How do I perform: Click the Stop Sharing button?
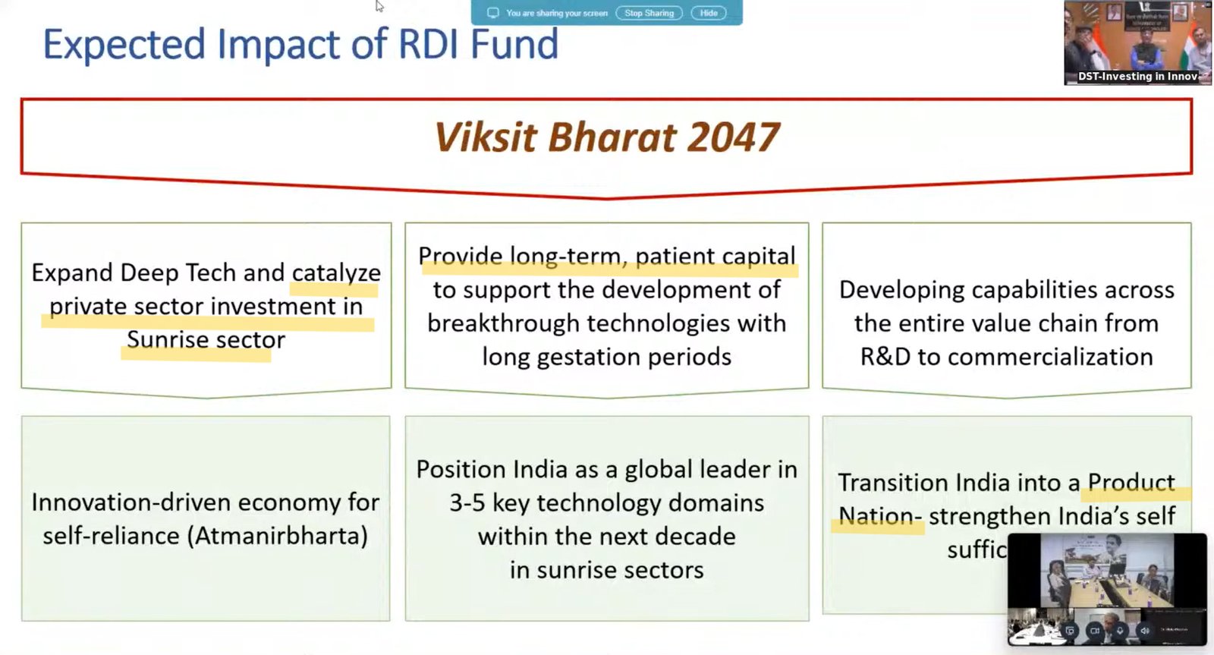649,13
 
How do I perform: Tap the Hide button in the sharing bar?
709,13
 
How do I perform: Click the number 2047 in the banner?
734,137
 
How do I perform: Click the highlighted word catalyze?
336,272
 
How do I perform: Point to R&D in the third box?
885,357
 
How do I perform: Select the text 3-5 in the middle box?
467,502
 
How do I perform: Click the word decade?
695,537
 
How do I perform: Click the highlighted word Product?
1131,483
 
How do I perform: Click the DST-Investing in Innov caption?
1137,77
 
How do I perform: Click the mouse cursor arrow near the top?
379,6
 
